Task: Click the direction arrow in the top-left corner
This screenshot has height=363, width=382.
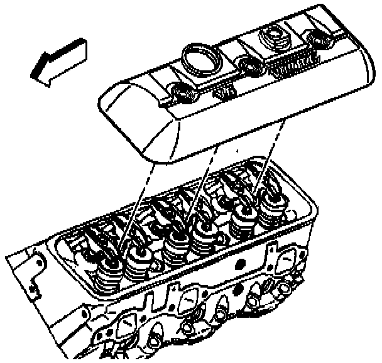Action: point(60,61)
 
